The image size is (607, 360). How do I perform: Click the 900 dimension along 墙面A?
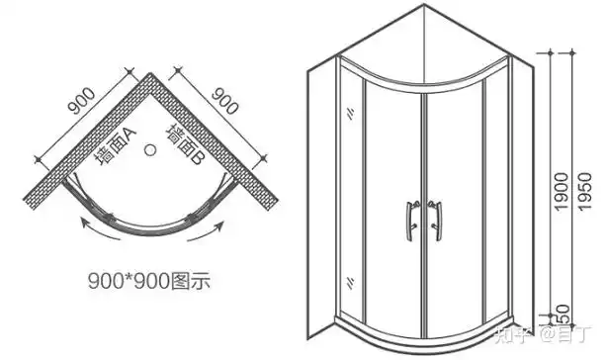click(x=81, y=103)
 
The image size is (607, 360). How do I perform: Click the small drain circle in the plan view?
click(x=151, y=151)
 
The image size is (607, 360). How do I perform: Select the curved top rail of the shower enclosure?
click(x=425, y=74)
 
